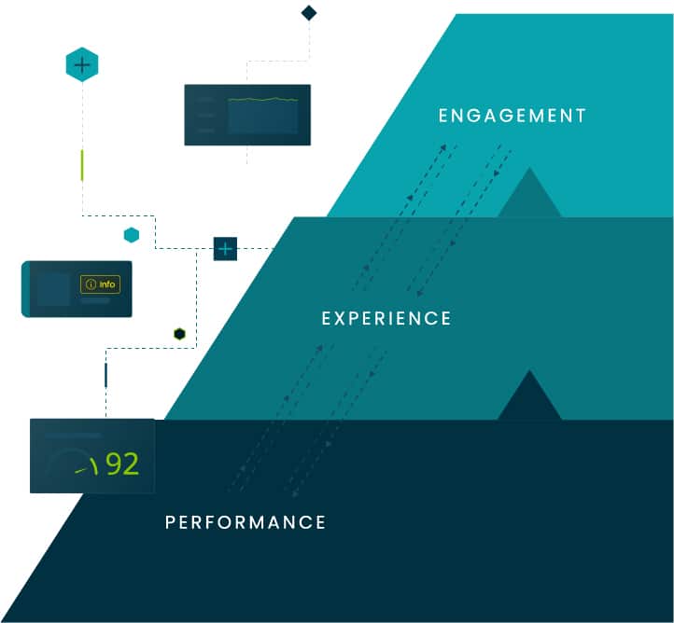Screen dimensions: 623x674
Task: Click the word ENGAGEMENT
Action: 513,117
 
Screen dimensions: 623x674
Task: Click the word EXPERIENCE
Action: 386,319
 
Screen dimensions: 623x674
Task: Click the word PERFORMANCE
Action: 246,522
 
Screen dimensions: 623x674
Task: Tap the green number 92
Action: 122,464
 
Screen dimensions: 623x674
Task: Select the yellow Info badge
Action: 101,284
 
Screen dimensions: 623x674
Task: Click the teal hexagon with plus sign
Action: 82,64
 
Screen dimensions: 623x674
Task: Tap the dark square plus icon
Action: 226,249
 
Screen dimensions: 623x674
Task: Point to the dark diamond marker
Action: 309,13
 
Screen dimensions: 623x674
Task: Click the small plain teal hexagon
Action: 132,235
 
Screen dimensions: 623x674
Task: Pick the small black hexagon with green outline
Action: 179,334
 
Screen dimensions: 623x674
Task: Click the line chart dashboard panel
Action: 247,115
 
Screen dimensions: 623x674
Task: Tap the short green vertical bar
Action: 82,164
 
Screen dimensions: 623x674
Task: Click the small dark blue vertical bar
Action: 105,375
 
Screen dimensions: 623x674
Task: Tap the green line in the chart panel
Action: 263,99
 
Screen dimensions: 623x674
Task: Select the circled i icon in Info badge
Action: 91,284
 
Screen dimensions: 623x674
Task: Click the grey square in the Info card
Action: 53,289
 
